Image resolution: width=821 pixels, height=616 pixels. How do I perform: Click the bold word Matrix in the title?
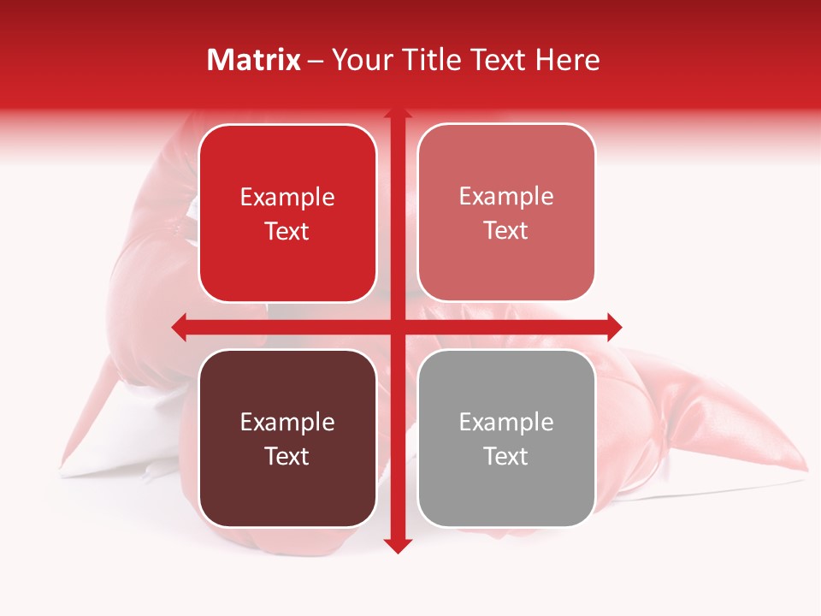[x=254, y=60]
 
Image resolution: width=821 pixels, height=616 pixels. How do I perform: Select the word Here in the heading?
[x=567, y=60]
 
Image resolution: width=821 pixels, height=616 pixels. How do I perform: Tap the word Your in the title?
[x=360, y=60]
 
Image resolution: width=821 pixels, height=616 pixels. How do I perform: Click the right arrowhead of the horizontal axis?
[x=614, y=327]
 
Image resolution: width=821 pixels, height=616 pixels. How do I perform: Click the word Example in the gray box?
[x=506, y=422]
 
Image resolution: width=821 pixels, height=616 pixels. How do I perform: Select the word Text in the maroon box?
[x=287, y=456]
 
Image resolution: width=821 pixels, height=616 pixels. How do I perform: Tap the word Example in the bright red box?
[x=287, y=197]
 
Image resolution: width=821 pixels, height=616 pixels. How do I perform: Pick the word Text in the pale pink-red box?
[x=506, y=230]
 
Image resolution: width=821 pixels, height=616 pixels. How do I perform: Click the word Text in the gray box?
[x=506, y=456]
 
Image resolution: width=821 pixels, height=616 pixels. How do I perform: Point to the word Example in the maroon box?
[x=287, y=422]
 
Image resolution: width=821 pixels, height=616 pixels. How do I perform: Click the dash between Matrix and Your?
[x=316, y=61]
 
